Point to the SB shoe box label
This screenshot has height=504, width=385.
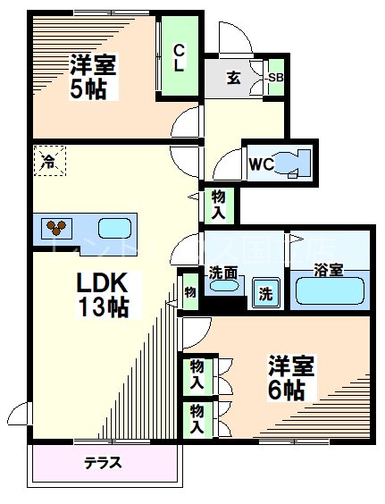(x=276, y=78)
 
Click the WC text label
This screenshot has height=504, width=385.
(x=261, y=164)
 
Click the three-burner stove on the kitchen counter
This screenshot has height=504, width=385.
(x=57, y=227)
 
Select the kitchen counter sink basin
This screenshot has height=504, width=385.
(x=113, y=227)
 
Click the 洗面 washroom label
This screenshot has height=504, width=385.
(x=222, y=271)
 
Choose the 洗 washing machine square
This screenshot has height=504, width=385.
(x=265, y=292)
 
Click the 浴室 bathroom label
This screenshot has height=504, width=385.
(x=329, y=270)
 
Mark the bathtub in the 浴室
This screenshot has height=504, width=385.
(x=330, y=291)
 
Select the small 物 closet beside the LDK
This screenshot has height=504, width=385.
(x=189, y=291)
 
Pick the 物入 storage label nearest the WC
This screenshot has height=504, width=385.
(x=218, y=205)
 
